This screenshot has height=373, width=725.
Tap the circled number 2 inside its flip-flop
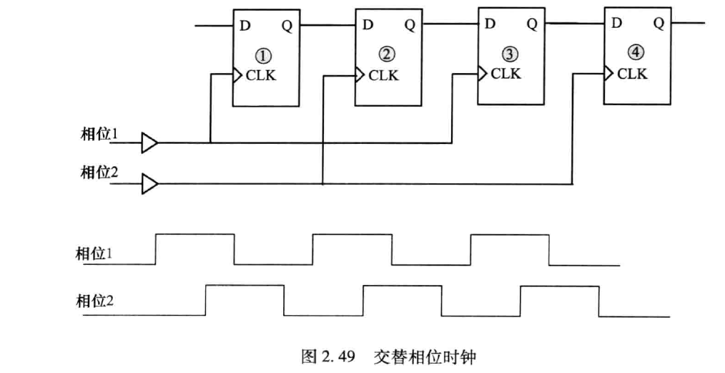pos(388,55)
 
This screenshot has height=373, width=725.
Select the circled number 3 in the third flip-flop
pos(508,54)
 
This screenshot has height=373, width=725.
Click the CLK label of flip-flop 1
pos(261,75)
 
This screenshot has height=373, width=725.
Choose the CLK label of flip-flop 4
pos(633,73)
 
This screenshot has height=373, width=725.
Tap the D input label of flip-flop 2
pos(368,25)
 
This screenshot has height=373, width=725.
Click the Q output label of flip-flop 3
pos(532,24)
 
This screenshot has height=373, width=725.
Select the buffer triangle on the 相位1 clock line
pos(149,142)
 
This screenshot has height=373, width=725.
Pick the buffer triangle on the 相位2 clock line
pos(149,185)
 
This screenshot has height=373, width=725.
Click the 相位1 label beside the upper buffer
pos(98,135)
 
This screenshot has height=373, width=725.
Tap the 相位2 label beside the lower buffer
pos(98,173)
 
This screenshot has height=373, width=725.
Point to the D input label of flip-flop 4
pos(616,23)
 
